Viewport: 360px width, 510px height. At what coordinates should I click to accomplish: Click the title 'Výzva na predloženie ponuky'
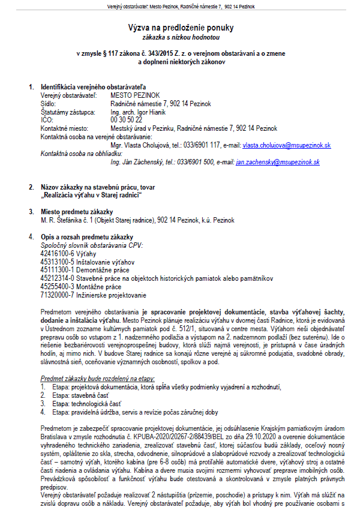[x=181, y=28]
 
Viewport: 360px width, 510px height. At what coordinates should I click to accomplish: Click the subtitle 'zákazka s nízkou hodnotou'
[x=181, y=37]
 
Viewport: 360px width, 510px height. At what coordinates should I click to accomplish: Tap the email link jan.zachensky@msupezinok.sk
[x=278, y=162]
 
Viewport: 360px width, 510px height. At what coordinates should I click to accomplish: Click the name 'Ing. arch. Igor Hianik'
[x=139, y=112]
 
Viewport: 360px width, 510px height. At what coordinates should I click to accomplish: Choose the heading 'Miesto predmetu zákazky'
[x=77, y=212]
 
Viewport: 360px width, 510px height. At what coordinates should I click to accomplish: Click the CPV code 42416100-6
[x=56, y=254]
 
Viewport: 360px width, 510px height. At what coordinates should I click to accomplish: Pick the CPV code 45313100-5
[x=56, y=262]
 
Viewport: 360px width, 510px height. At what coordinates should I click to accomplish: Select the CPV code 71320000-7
[x=56, y=295]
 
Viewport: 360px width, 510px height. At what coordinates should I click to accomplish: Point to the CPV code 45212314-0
[x=56, y=278]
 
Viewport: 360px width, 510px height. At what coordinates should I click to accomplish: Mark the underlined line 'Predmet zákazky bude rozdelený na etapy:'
[x=98, y=379]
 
